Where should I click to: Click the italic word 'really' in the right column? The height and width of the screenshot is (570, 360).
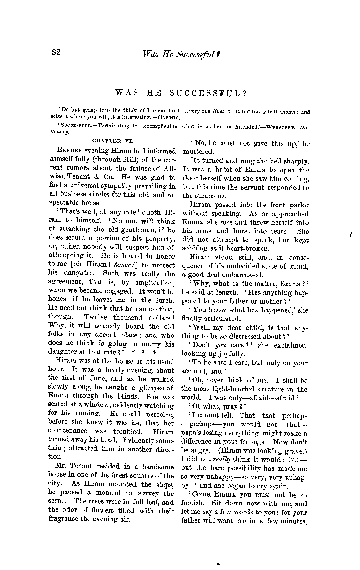click(221, 459)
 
